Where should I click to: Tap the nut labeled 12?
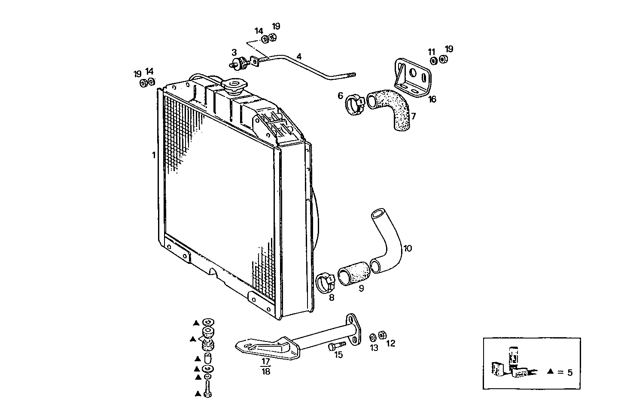click(x=384, y=335)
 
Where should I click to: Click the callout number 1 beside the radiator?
click(x=153, y=155)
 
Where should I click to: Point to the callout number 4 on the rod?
click(x=299, y=56)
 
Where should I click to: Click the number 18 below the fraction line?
click(x=266, y=372)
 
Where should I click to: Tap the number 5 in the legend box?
click(x=569, y=372)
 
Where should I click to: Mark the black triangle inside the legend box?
click(x=550, y=372)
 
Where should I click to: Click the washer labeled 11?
click(x=433, y=60)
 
